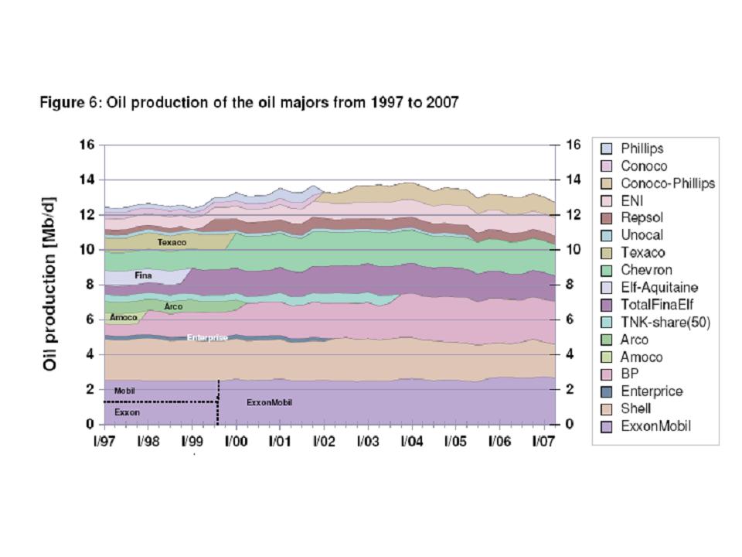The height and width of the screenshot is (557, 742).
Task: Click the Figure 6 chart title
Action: point(249,103)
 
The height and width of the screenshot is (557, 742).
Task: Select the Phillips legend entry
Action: point(642,149)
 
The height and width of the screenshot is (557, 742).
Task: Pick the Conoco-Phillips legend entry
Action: point(667,183)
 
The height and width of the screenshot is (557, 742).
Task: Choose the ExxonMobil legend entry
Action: point(656,425)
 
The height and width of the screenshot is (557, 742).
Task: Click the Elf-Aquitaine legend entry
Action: point(659,287)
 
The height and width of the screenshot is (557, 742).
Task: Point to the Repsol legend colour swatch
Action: point(607,218)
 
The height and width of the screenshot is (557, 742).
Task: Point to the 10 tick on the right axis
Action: point(574,250)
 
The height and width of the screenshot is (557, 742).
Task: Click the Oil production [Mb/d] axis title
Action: point(50,283)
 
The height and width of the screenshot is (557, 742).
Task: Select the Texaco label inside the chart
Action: point(172,242)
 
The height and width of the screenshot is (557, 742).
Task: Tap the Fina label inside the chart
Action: point(143,275)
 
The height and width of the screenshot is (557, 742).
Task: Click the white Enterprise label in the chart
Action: point(207,337)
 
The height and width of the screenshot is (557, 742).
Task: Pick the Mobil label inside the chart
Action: point(124,391)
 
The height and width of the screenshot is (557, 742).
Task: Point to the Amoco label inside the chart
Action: point(123,317)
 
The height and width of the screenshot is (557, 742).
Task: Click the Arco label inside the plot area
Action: point(173,306)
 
